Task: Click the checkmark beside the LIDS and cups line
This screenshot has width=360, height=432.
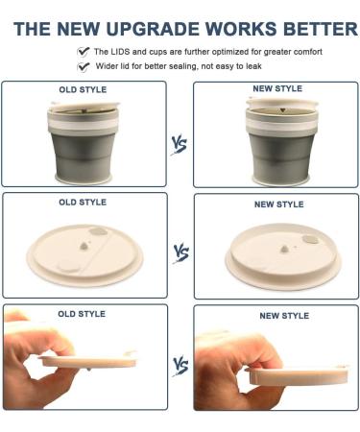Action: coord(84,51)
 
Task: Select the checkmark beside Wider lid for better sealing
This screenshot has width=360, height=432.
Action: coord(84,67)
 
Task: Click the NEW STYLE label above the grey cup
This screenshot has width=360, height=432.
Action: coord(276,89)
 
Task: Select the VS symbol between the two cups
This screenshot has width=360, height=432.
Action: coord(180,145)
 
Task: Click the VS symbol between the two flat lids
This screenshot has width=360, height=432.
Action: coord(180,253)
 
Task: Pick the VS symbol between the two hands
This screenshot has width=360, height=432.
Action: coord(180,365)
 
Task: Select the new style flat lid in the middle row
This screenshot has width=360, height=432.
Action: coord(278,254)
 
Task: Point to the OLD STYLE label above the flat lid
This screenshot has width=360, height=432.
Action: coord(83,203)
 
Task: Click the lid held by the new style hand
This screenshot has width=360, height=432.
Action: coord(293,372)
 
